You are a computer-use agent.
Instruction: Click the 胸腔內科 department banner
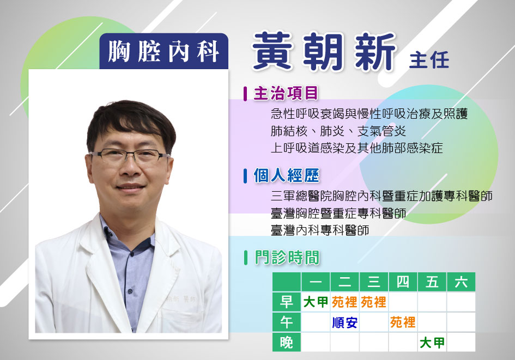point(163,51)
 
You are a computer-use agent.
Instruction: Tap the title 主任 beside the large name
point(429,60)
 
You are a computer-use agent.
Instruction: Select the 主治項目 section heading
point(286,93)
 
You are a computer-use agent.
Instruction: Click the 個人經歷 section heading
point(287,175)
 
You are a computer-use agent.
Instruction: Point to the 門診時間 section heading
point(287,258)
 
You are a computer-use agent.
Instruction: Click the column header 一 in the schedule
point(316,282)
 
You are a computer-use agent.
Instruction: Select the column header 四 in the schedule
point(403,282)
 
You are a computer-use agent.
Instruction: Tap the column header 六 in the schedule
point(461,282)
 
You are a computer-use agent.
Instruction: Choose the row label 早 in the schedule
point(287,302)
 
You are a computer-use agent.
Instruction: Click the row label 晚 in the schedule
point(287,342)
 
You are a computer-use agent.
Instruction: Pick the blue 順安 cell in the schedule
point(344,322)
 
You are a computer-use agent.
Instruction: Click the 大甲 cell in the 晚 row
point(432,343)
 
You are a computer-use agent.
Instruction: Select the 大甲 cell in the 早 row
point(316,302)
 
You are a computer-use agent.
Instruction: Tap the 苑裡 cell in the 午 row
point(403,322)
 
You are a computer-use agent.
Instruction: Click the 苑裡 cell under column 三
point(373,302)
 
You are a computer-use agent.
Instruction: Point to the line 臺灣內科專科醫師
point(320,230)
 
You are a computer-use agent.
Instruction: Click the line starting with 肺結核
point(338,131)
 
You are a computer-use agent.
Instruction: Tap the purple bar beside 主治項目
point(245,94)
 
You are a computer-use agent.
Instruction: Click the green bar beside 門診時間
point(246,258)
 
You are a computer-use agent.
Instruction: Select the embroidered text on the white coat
point(180,299)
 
